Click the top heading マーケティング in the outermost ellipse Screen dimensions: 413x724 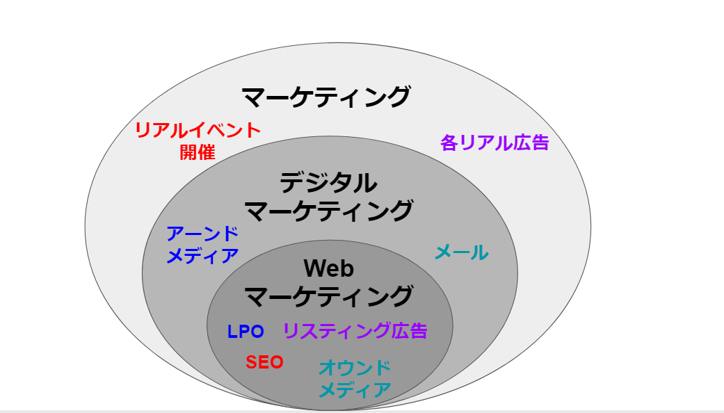[x=325, y=96]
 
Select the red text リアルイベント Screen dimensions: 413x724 [x=198, y=130]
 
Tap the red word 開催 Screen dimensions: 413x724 [x=198, y=152]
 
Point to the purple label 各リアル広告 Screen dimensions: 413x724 [x=494, y=143]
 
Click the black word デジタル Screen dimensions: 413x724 [x=328, y=183]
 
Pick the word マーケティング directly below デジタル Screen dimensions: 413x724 [x=329, y=209]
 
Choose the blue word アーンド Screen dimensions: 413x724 [x=202, y=234]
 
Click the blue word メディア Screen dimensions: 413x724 [x=202, y=256]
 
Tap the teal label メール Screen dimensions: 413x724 [x=461, y=253]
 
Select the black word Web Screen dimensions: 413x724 [x=329, y=268]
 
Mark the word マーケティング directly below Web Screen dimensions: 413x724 [x=329, y=296]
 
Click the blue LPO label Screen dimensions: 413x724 [x=246, y=332]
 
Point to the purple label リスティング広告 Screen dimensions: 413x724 [x=355, y=331]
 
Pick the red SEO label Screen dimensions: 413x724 [x=264, y=362]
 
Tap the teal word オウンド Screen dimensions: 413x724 [x=355, y=368]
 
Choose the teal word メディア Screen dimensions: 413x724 [x=355, y=390]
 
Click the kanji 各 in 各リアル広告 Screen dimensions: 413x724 [x=449, y=143]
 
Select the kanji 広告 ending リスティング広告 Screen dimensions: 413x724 [x=409, y=331]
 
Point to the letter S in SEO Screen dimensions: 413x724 [x=252, y=362]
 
